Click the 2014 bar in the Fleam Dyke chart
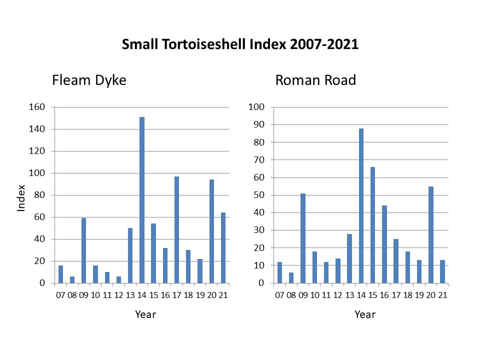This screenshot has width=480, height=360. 142,200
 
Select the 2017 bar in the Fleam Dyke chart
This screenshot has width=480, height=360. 176,229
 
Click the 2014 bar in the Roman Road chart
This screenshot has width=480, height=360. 361,205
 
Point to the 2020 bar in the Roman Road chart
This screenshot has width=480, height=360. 430,234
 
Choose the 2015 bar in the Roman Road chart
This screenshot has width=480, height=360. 372,225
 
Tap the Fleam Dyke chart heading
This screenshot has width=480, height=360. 89,80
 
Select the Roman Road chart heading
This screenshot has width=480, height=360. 315,80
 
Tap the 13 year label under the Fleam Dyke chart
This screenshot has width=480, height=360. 130,295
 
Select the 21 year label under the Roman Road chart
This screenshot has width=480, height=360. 442,295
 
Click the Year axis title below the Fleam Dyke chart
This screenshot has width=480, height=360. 145,314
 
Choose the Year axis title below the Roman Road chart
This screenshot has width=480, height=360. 365,314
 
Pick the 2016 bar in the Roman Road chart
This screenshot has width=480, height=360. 384,244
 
